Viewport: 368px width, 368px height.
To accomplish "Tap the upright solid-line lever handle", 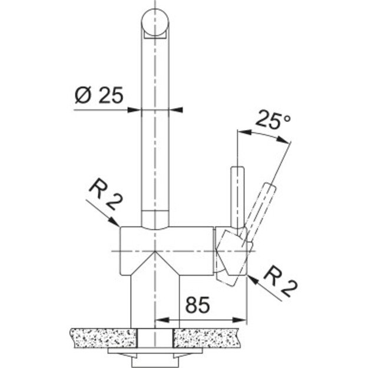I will (236, 194).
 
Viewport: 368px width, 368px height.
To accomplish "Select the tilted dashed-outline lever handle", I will (261, 206).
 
